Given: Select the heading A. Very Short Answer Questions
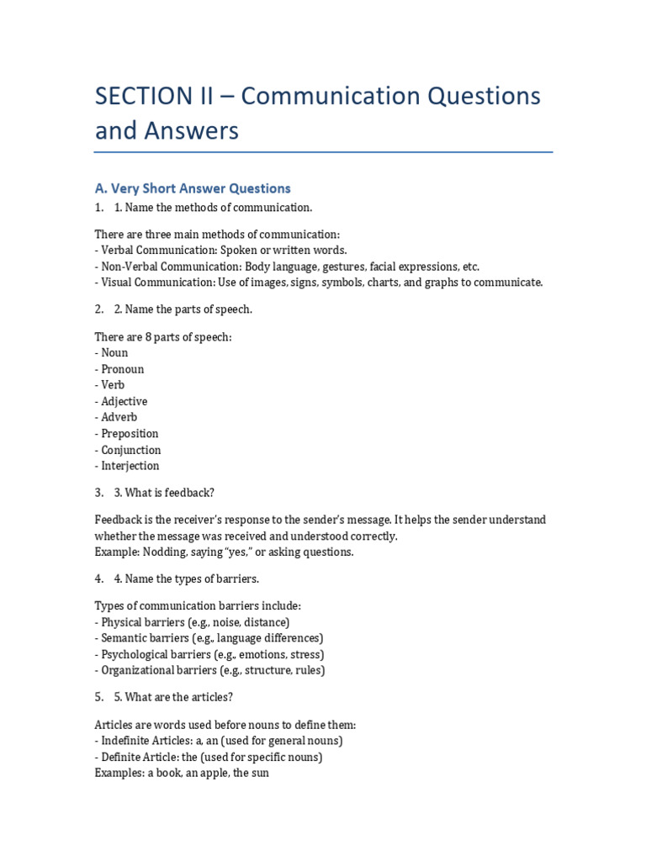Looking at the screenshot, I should (193, 188).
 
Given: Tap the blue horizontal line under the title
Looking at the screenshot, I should (323, 152).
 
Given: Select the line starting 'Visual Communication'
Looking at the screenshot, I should (319, 283).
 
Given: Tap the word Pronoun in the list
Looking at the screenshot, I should (122, 369).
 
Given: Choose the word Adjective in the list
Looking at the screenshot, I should (124, 402).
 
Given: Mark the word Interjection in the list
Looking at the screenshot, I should (130, 466).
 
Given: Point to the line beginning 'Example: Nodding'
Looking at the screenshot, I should (224, 552).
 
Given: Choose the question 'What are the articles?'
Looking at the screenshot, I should (178, 698).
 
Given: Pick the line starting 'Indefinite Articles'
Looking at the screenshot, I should (219, 741).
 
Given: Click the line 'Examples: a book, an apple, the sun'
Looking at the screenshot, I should (182, 773).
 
